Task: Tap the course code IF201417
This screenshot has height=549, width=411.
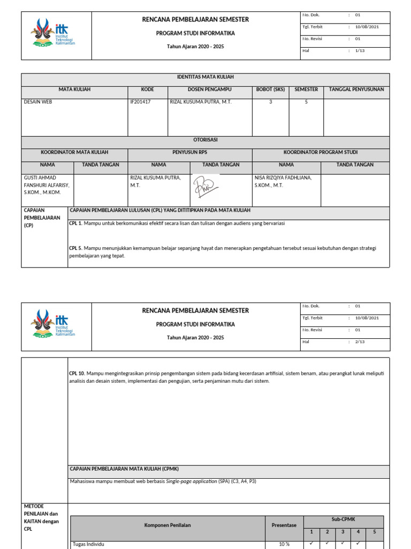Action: click(141, 102)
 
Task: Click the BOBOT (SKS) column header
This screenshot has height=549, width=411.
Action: click(270, 90)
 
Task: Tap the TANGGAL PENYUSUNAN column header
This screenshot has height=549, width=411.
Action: click(356, 90)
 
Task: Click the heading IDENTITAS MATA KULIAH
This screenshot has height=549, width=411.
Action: click(205, 77)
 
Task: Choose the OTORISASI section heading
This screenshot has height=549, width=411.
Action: click(205, 139)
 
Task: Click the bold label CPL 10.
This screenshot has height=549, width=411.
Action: click(78, 373)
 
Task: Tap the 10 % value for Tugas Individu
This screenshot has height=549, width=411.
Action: click(284, 544)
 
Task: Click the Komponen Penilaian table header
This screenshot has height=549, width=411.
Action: click(168, 525)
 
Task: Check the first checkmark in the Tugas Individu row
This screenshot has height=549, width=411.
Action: click(311, 543)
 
